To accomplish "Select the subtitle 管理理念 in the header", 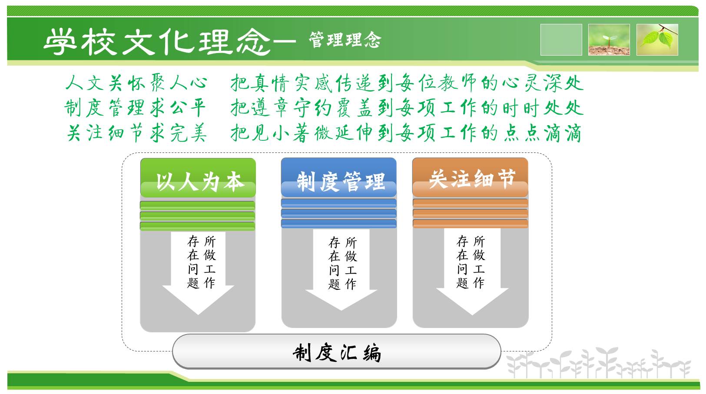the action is [345, 40].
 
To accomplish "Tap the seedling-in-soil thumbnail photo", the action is [609, 40].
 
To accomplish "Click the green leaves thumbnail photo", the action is [657, 40].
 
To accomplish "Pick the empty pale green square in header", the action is [561, 40].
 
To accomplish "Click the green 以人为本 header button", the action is [198, 178].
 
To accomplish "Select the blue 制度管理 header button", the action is [339, 178].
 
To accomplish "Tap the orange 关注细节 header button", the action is [470, 178].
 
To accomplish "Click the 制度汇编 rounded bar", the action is [337, 351].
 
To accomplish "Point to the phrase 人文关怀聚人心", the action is [136, 83].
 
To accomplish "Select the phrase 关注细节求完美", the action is [137, 132].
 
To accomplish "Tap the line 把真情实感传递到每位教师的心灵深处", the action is [407, 83].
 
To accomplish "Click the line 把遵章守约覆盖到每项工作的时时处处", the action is [407, 108].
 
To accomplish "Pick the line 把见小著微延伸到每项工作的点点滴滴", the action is [406, 132].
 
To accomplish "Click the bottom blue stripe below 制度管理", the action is [339, 223].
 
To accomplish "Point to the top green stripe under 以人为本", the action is [198, 205].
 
